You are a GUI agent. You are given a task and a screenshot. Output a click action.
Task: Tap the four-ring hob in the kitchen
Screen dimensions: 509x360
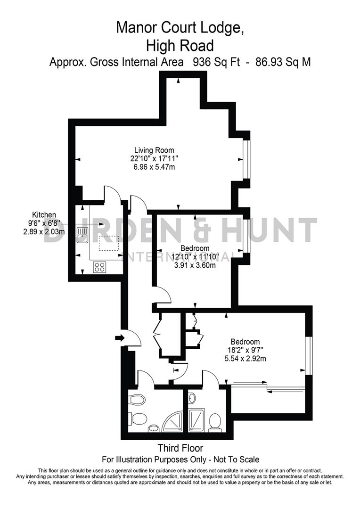(99, 267)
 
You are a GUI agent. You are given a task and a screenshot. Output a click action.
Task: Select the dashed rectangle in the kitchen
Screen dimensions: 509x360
(109, 243)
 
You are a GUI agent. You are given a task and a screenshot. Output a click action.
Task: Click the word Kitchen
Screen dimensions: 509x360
(44, 214)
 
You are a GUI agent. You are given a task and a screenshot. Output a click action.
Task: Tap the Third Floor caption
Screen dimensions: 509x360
(181, 448)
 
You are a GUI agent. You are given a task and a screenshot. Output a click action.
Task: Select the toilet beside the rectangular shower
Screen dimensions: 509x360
(215, 421)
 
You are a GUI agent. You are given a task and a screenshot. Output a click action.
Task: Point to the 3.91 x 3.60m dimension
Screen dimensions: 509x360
(195, 265)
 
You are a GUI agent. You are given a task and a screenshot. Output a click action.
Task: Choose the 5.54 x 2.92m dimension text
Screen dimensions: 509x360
(245, 359)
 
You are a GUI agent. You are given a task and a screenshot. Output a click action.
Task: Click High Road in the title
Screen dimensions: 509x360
(180, 45)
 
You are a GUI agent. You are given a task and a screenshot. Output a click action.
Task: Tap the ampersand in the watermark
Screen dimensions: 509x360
(218, 230)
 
